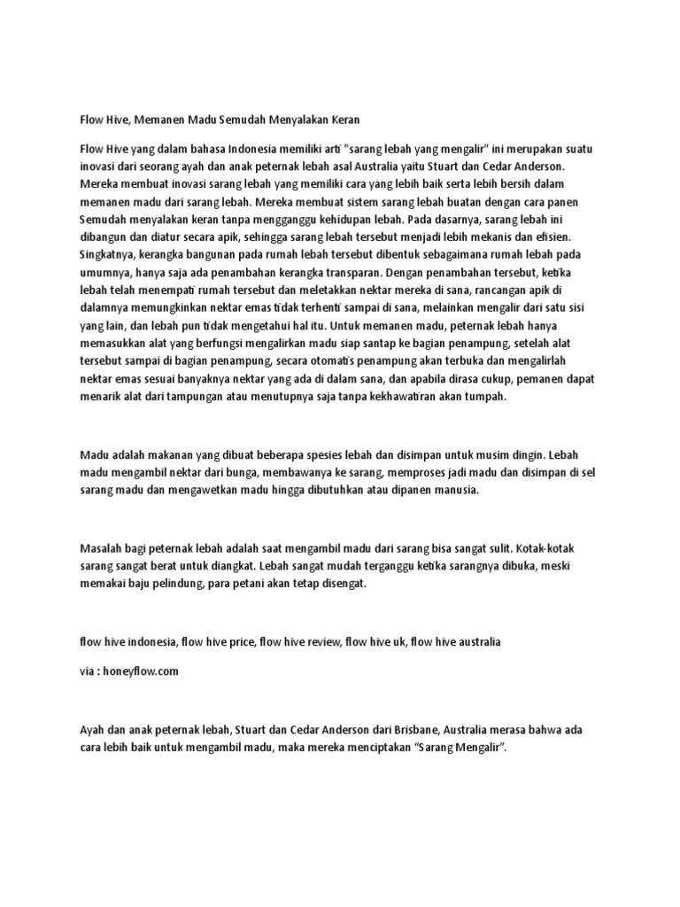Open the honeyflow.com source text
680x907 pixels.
pyautogui.click(x=142, y=671)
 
